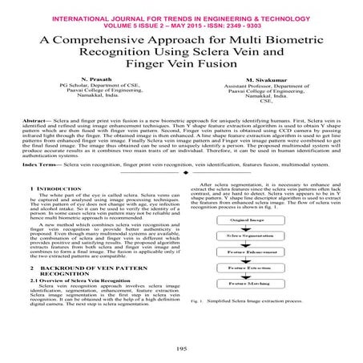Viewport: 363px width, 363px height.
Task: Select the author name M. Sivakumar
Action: pos(265,80)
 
